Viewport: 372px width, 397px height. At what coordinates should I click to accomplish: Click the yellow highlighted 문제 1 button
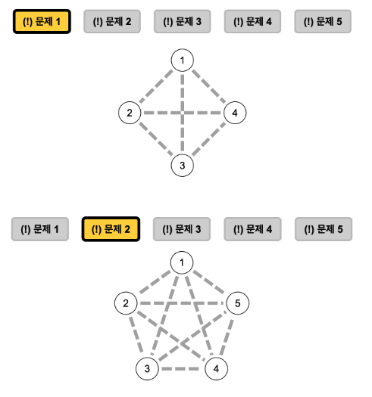pos(42,21)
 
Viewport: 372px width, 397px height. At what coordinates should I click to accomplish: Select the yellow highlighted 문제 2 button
pos(111,229)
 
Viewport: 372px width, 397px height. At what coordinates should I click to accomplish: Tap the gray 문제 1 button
pos(40,229)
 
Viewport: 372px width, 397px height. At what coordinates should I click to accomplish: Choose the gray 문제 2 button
pos(112,21)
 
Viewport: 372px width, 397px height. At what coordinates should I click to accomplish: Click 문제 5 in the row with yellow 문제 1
pos(323,21)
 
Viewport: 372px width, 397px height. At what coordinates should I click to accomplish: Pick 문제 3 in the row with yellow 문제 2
pos(182,229)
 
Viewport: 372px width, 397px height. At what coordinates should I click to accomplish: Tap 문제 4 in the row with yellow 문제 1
pos(252,21)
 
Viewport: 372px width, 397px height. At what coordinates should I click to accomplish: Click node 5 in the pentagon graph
pos(237,303)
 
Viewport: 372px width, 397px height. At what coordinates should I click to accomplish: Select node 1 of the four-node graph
pos(182,60)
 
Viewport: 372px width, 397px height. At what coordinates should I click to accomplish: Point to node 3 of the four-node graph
pos(182,166)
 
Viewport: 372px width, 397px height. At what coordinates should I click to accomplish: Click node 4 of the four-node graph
pos(235,113)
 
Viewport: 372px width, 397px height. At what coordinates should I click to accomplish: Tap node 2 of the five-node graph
pos(126,303)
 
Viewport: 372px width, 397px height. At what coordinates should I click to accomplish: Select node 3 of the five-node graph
pos(147,369)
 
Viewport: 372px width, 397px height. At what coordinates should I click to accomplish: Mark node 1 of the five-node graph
pos(182,262)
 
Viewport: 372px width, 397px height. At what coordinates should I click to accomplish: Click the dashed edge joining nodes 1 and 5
pos(209,282)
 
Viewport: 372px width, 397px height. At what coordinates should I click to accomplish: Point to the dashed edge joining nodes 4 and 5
pos(227,337)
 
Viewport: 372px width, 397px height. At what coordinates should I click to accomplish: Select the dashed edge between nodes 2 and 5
pos(182,303)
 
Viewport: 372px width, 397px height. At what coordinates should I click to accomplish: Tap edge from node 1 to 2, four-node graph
pos(156,87)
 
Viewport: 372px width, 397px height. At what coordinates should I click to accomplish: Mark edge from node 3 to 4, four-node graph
pos(208,139)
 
